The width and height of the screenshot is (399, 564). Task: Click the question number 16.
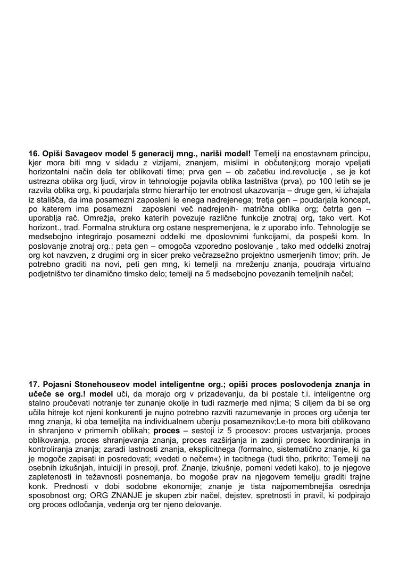point(34,153)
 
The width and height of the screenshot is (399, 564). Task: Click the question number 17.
point(34,384)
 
